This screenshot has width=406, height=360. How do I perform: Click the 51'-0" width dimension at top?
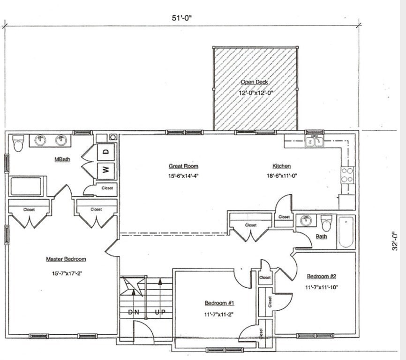pos(182,18)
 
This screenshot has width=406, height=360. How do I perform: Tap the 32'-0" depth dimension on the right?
pos(395,241)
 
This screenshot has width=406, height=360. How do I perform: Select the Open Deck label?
pos(254,82)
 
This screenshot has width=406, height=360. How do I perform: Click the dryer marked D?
pos(106,152)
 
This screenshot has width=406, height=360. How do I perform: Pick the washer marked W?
pos(106,170)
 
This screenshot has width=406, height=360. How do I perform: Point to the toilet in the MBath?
pos(18,143)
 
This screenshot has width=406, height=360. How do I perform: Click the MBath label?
pos(62,159)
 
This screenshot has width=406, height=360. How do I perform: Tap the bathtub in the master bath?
pos(26,187)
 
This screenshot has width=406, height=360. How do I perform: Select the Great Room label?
pos(183,166)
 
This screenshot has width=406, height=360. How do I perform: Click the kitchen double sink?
pos(314,141)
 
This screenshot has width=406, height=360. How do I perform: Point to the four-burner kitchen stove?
pos(347,175)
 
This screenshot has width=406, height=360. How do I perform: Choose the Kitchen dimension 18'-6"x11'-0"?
pos(282,176)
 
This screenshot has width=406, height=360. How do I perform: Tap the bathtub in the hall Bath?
pos(346,232)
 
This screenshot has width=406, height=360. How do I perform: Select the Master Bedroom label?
pos(66,259)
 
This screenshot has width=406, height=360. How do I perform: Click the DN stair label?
pos(134,312)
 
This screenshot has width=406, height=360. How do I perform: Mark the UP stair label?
pos(160,312)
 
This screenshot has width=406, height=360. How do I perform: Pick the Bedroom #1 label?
pos(219,303)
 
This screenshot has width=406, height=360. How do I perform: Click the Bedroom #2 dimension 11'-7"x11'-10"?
pos(322,287)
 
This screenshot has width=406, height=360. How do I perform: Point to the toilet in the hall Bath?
pos(326,223)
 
